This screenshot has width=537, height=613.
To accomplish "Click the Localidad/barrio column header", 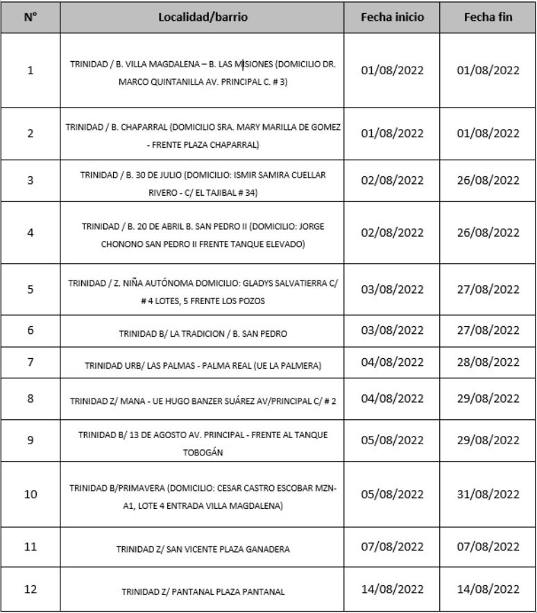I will click(x=203, y=17).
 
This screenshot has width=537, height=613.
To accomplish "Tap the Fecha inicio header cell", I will click(x=392, y=17).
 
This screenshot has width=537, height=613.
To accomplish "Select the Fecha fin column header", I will click(x=488, y=17).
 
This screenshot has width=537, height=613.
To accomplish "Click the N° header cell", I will click(x=30, y=17).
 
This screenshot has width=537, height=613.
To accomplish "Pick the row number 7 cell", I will click(x=30, y=362).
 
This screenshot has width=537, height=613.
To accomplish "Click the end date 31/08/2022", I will click(x=488, y=494).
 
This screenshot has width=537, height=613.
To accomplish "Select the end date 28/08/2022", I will click(x=488, y=362).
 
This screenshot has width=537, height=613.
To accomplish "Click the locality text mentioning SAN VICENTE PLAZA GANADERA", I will click(x=203, y=549).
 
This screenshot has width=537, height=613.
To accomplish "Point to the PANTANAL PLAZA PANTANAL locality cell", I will click(x=203, y=591).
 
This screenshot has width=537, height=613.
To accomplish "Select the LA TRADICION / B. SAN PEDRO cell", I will click(x=203, y=334).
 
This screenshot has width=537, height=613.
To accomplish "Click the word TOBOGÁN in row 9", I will click(x=203, y=451).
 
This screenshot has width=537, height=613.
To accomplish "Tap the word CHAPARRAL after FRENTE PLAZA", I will click(x=232, y=145).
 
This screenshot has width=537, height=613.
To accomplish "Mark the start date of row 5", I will click(x=392, y=289).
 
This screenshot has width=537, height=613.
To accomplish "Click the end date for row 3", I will click(x=488, y=180).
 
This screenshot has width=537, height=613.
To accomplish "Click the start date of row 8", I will click(x=392, y=398).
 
